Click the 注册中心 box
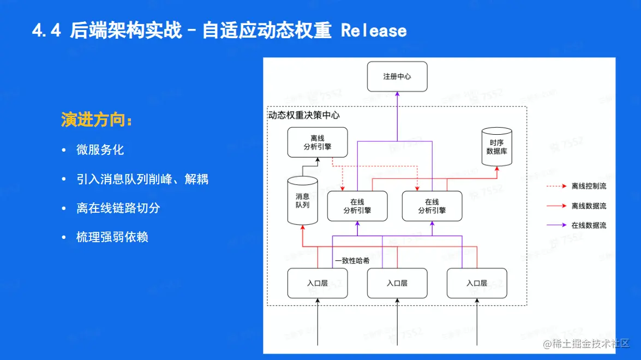tap(397, 76)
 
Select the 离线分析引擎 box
tap(317, 142)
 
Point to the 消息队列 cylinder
tap(302, 200)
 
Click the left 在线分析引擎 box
tap(357, 206)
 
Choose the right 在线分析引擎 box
tap(432, 206)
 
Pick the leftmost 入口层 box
tap(317, 283)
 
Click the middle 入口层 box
tap(397, 283)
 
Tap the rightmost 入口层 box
tap(476, 283)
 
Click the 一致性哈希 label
tap(352, 261)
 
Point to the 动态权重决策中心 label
tap(304, 115)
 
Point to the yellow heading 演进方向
tap(96, 121)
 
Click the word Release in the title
tap(374, 31)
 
